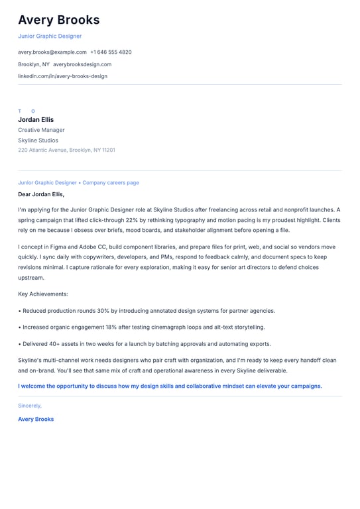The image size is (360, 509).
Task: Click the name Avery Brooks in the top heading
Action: point(59,20)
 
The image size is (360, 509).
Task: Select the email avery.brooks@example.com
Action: point(52,52)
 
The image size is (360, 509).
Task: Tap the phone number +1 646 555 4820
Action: point(111,52)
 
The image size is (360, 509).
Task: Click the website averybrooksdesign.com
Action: point(82,64)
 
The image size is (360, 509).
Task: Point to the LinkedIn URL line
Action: point(62,76)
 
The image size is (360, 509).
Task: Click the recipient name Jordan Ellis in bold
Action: point(36,120)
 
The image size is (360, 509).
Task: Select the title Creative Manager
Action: point(41,130)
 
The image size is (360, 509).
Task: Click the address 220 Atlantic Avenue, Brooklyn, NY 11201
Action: point(66,150)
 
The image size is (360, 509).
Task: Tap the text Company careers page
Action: point(111,182)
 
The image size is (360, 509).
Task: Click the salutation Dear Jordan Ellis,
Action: point(41,194)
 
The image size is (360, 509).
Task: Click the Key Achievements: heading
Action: point(43,294)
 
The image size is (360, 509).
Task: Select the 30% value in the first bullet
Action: point(103,310)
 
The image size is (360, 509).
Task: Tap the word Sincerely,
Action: point(30,405)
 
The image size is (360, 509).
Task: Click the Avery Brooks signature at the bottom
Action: point(36,419)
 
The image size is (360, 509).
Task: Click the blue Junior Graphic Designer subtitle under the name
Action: point(50,36)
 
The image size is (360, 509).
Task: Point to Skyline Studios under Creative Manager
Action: point(38,141)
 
